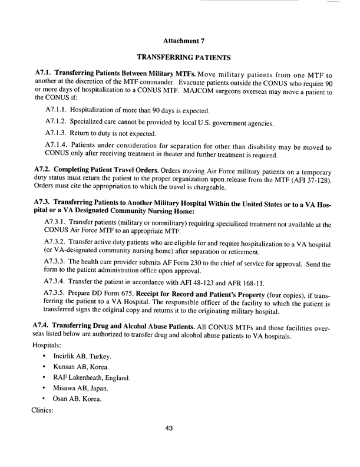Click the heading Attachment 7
[179, 42]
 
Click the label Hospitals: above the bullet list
[49, 327]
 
